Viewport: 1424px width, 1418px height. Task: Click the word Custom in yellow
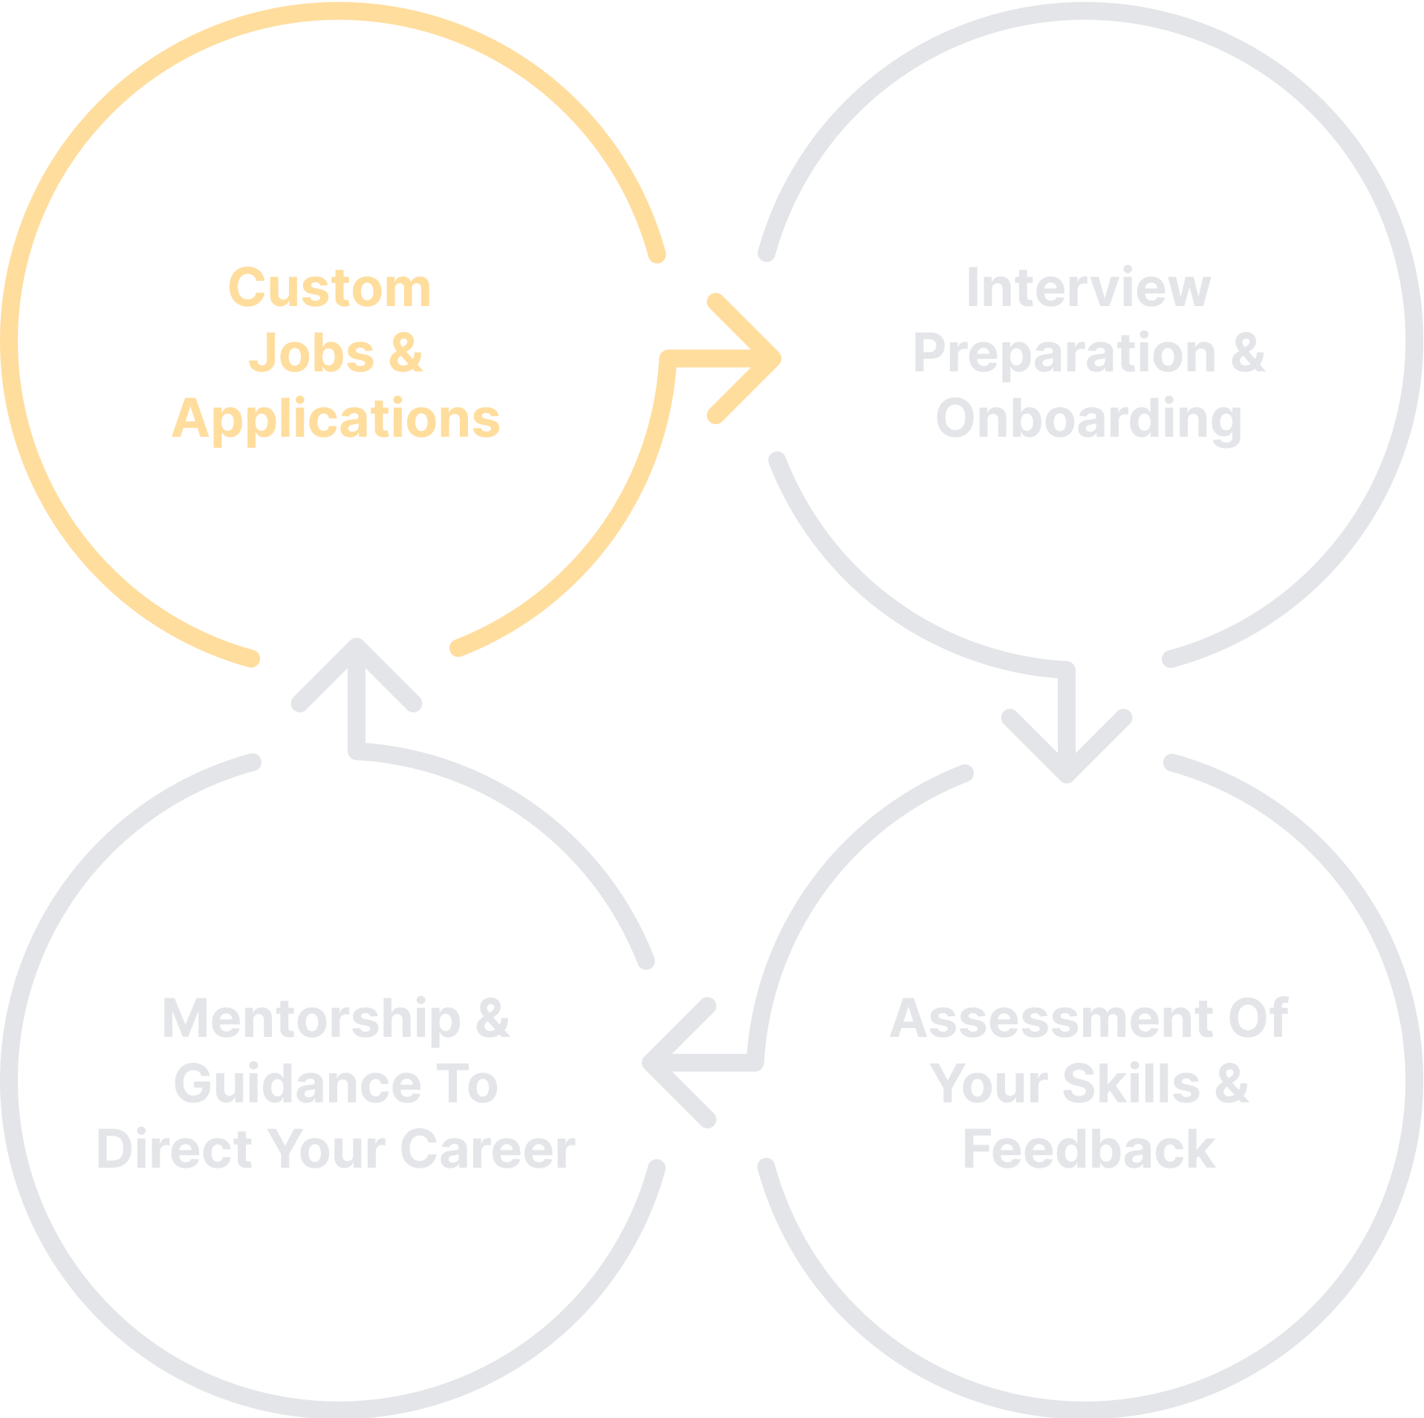click(329, 288)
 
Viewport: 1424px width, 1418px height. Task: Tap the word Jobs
click(311, 354)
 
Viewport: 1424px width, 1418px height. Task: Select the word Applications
click(336, 418)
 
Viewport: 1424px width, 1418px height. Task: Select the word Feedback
click(1088, 1149)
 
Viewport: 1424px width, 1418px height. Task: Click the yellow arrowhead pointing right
click(750, 360)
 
